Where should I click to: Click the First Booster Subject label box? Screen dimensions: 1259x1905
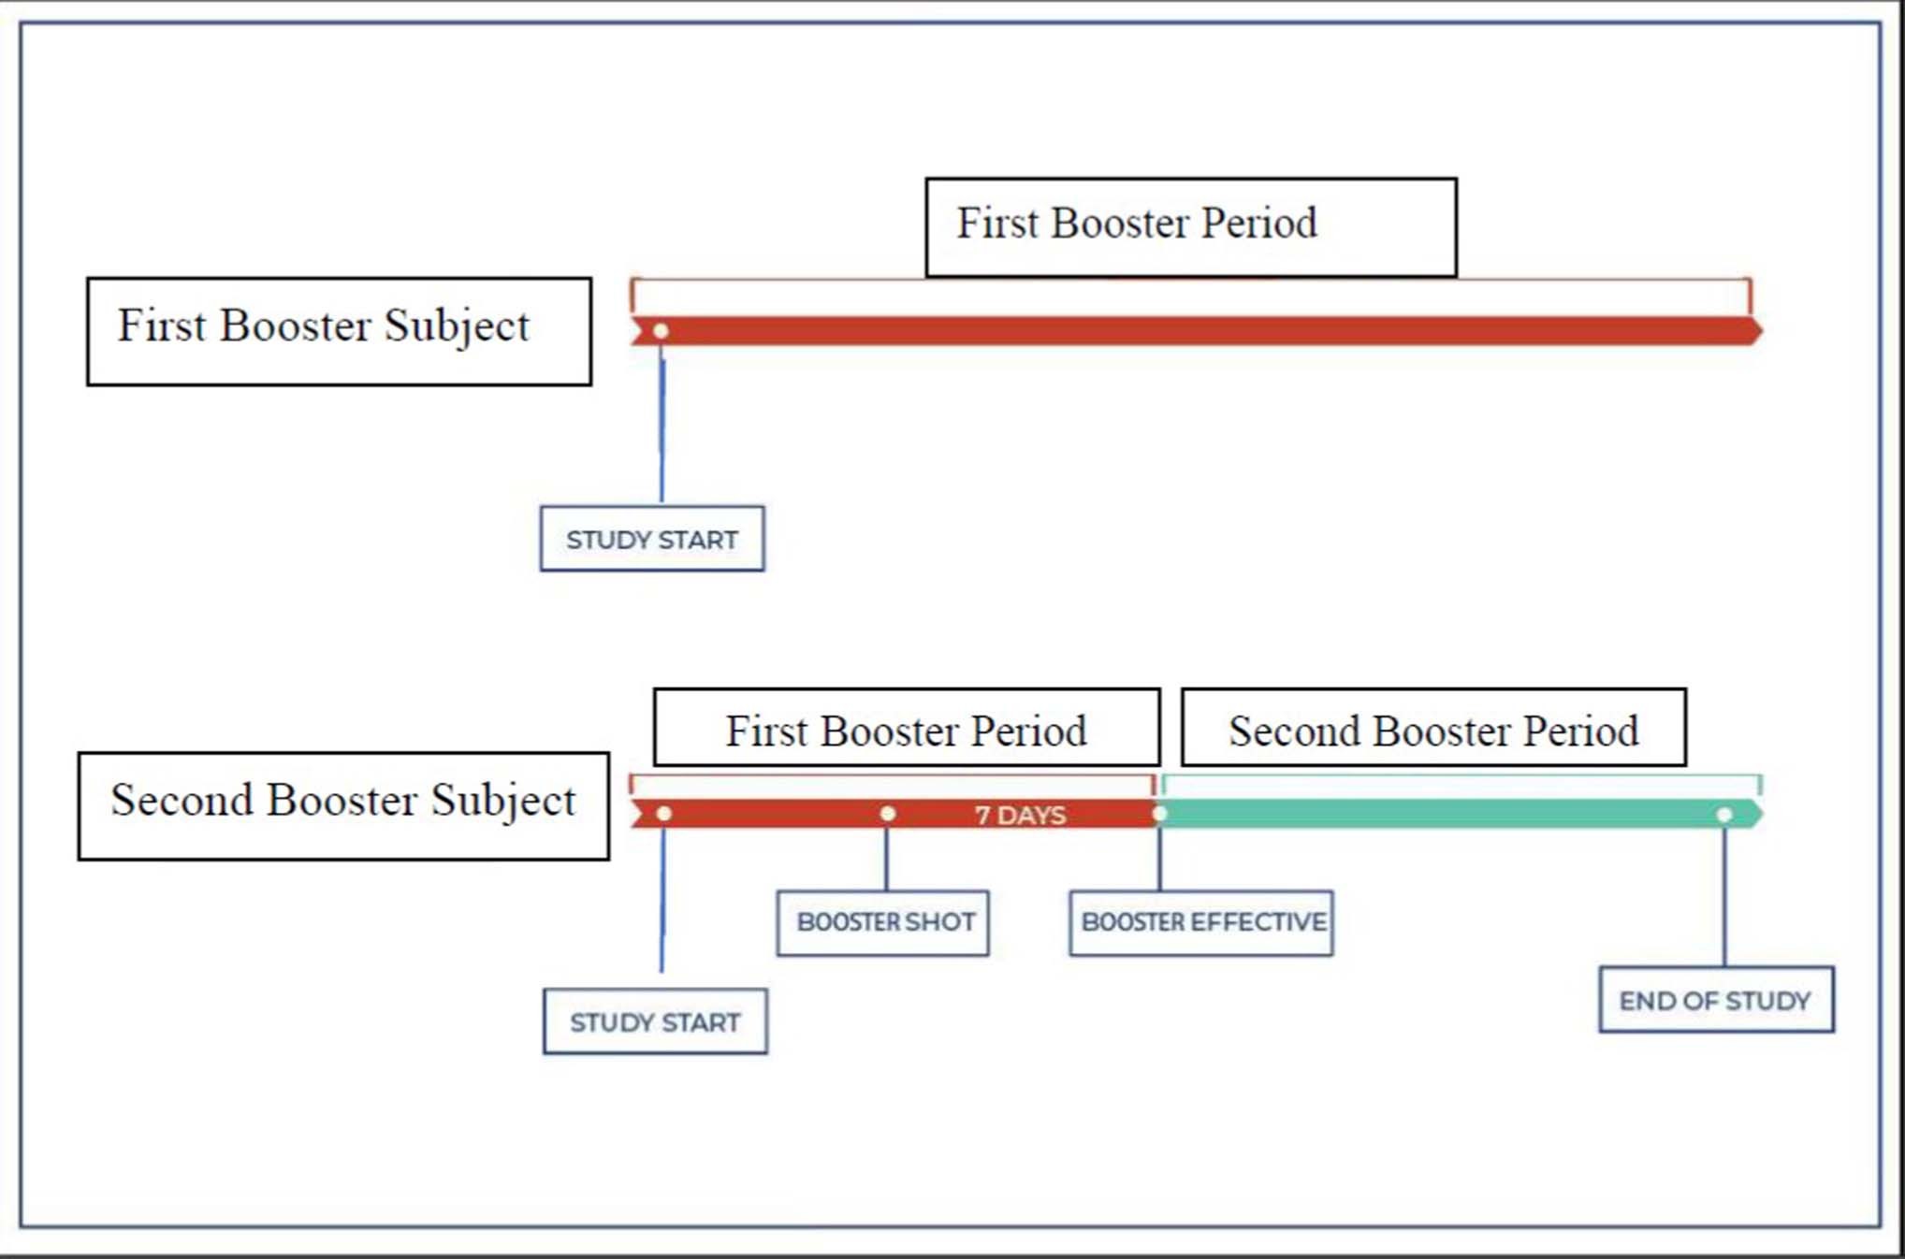339,331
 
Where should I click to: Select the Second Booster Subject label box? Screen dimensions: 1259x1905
343,805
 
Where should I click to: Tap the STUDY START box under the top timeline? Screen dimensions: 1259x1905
652,539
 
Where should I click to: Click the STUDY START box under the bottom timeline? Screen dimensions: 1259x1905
655,1021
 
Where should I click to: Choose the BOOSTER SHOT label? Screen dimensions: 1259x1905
883,922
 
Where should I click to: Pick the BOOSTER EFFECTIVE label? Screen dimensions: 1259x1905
1201,922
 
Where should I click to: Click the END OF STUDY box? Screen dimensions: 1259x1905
1716,1000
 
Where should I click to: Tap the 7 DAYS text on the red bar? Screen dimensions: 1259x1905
1020,815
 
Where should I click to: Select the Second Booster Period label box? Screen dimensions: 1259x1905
1433,728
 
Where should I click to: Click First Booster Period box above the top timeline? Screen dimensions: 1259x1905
1190,226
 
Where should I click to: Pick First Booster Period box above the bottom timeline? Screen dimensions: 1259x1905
907,728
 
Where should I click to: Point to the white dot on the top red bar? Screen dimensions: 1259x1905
661,331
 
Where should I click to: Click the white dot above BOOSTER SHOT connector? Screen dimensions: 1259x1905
887,814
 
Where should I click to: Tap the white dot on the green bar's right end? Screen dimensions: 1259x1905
1724,815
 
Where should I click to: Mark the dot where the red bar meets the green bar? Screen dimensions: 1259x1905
1159,814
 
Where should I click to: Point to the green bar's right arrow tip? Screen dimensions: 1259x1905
1756,814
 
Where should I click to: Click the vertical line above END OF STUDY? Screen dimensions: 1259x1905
1724,898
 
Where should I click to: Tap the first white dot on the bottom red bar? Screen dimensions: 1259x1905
663,814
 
